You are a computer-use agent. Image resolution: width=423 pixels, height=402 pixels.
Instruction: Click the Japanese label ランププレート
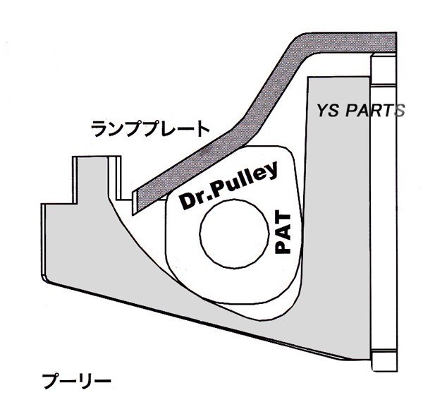(x=150, y=128)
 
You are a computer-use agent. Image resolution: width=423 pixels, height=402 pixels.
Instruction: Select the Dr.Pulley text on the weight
(x=227, y=187)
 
